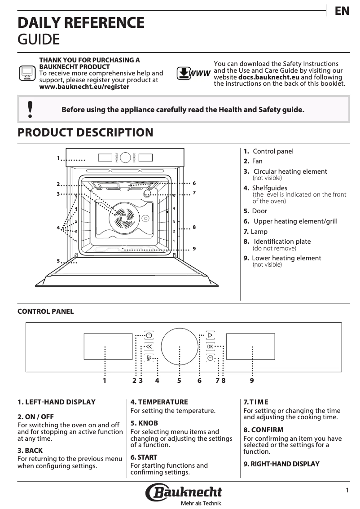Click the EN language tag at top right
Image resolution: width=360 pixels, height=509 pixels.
coord(342,11)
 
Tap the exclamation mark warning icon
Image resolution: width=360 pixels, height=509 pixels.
coord(30,110)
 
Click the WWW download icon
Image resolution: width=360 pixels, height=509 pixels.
coord(193,74)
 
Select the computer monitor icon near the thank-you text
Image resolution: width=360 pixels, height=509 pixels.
coord(27,73)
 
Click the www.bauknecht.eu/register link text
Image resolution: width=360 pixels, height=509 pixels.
coord(84,87)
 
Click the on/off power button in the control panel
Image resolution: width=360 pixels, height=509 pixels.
coord(149,335)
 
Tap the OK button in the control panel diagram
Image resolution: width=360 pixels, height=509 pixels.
coord(210,347)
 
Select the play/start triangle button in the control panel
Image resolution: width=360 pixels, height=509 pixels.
coord(210,335)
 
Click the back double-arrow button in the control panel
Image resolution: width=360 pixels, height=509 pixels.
coord(149,347)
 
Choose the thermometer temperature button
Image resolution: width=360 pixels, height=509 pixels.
coord(149,358)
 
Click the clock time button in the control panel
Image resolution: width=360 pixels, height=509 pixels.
coord(210,358)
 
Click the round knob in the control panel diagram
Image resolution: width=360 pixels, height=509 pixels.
coord(179,347)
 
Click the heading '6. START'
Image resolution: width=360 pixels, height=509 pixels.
coord(144,457)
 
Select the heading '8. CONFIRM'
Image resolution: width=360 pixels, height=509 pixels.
coord(263,430)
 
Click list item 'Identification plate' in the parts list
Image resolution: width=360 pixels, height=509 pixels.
coord(282,241)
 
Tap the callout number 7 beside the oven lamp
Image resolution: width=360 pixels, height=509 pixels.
coord(194,193)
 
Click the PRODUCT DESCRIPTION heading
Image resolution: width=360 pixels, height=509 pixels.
coord(85,133)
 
